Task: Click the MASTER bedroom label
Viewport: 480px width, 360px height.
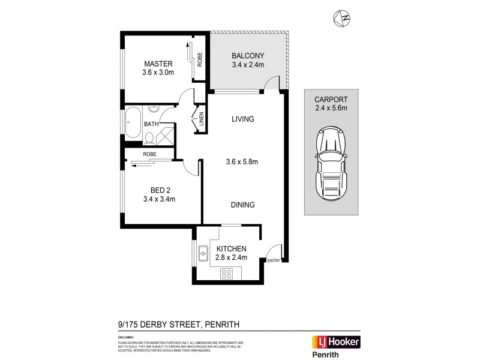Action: [158, 64]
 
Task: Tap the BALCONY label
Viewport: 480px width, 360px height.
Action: [248, 57]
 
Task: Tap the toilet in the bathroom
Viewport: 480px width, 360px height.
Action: [149, 139]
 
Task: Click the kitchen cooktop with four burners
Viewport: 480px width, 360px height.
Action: [227, 273]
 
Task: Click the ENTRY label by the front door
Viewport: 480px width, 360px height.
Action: [273, 260]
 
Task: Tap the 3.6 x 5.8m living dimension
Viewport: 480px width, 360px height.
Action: [243, 161]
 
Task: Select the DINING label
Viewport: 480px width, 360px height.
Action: [243, 205]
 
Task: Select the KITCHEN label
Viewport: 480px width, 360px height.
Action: [230, 249]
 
